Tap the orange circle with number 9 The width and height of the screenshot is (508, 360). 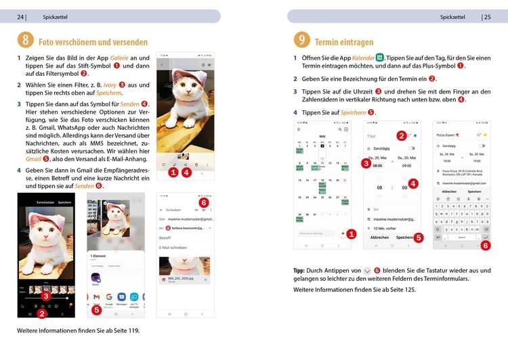(x=302, y=41)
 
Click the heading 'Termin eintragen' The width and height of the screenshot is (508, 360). (x=344, y=42)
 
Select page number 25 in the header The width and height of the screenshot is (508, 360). (x=486, y=17)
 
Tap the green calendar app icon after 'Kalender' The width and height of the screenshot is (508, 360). (x=380, y=58)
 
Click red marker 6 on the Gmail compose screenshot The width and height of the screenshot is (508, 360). (x=204, y=202)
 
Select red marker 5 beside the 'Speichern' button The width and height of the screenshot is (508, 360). (x=419, y=238)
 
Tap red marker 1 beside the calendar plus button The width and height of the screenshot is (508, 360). (x=352, y=233)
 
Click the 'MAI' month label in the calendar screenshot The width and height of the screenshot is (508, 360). (x=322, y=136)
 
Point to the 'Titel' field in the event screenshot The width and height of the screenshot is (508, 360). (x=371, y=136)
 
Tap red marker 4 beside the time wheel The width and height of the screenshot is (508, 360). (x=413, y=183)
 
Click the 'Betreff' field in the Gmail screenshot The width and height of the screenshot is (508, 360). (x=165, y=238)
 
